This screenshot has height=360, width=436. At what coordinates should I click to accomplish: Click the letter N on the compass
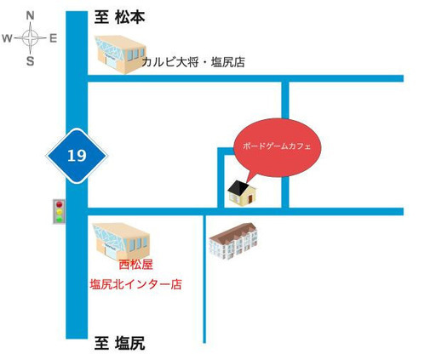click(30, 15)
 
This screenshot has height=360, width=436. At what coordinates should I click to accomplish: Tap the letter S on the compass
click(30, 60)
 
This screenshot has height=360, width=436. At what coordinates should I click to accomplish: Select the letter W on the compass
click(7, 38)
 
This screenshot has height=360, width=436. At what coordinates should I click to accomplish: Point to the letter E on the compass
click(54, 38)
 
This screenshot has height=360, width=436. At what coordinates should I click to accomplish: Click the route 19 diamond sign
click(77, 156)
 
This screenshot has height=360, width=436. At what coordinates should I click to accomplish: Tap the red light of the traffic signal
click(60, 204)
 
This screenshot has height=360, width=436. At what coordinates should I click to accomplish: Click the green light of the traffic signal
click(60, 219)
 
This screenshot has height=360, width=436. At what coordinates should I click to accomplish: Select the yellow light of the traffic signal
click(60, 212)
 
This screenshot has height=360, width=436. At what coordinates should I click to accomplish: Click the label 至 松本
click(119, 18)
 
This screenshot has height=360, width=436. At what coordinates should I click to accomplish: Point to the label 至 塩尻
click(119, 343)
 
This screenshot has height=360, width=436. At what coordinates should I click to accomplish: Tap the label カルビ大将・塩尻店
click(193, 62)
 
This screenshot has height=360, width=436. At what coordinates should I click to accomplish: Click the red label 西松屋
click(135, 265)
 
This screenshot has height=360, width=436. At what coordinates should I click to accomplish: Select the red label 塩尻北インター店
click(136, 284)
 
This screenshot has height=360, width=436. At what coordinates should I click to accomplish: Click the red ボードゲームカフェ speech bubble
click(277, 147)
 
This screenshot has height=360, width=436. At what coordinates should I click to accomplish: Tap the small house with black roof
click(242, 193)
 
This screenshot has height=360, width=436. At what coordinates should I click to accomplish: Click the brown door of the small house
click(250, 199)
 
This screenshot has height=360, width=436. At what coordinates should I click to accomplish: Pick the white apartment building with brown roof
click(233, 242)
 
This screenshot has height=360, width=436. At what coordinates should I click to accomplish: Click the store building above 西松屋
click(122, 242)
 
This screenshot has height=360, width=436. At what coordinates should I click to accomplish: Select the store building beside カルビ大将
click(120, 54)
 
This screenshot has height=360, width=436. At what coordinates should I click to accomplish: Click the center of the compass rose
click(30, 37)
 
